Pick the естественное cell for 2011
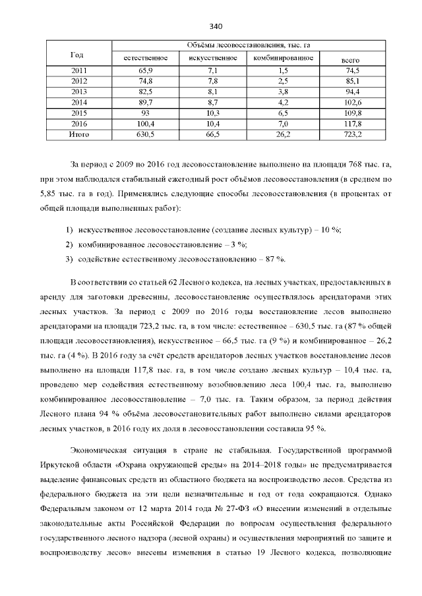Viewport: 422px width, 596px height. click(146, 70)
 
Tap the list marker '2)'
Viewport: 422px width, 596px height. click(69, 244)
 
